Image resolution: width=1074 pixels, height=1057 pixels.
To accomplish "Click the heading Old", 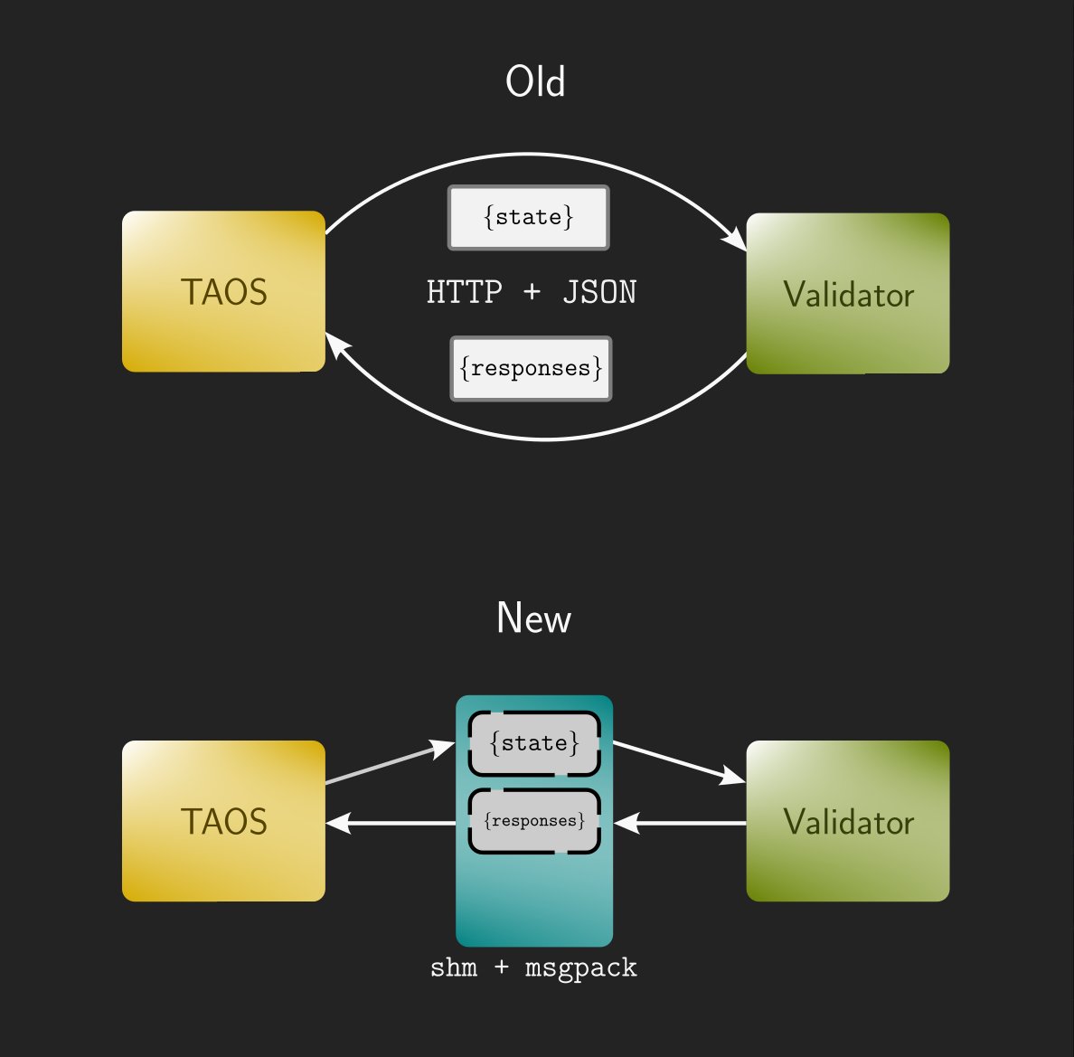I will [x=535, y=81].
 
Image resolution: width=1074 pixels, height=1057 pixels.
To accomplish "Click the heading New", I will [x=533, y=618].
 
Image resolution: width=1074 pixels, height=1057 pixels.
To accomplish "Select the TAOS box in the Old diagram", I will [x=223, y=291].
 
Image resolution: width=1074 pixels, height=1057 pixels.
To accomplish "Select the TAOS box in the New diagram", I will [x=223, y=821].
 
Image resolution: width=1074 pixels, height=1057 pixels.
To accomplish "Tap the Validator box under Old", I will [x=848, y=294].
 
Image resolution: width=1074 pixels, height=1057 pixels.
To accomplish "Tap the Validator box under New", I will [x=848, y=821].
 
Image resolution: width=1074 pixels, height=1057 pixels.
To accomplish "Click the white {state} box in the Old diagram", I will [x=529, y=218].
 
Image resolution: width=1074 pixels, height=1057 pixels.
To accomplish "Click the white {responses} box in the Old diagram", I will [x=531, y=369].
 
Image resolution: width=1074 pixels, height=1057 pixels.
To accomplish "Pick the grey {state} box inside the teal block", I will [x=533, y=743].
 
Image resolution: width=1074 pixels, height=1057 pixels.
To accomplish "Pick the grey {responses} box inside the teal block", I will [x=533, y=821].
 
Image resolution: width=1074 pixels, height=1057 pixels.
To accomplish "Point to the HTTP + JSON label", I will [x=532, y=292].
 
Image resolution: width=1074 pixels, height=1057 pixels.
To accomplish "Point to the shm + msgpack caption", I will [x=533, y=967].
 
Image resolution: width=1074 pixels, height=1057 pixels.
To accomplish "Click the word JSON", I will [x=599, y=292].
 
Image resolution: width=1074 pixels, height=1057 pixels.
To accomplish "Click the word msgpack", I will [x=581, y=967].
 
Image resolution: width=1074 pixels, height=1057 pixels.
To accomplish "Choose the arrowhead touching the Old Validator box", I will [x=734, y=240].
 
